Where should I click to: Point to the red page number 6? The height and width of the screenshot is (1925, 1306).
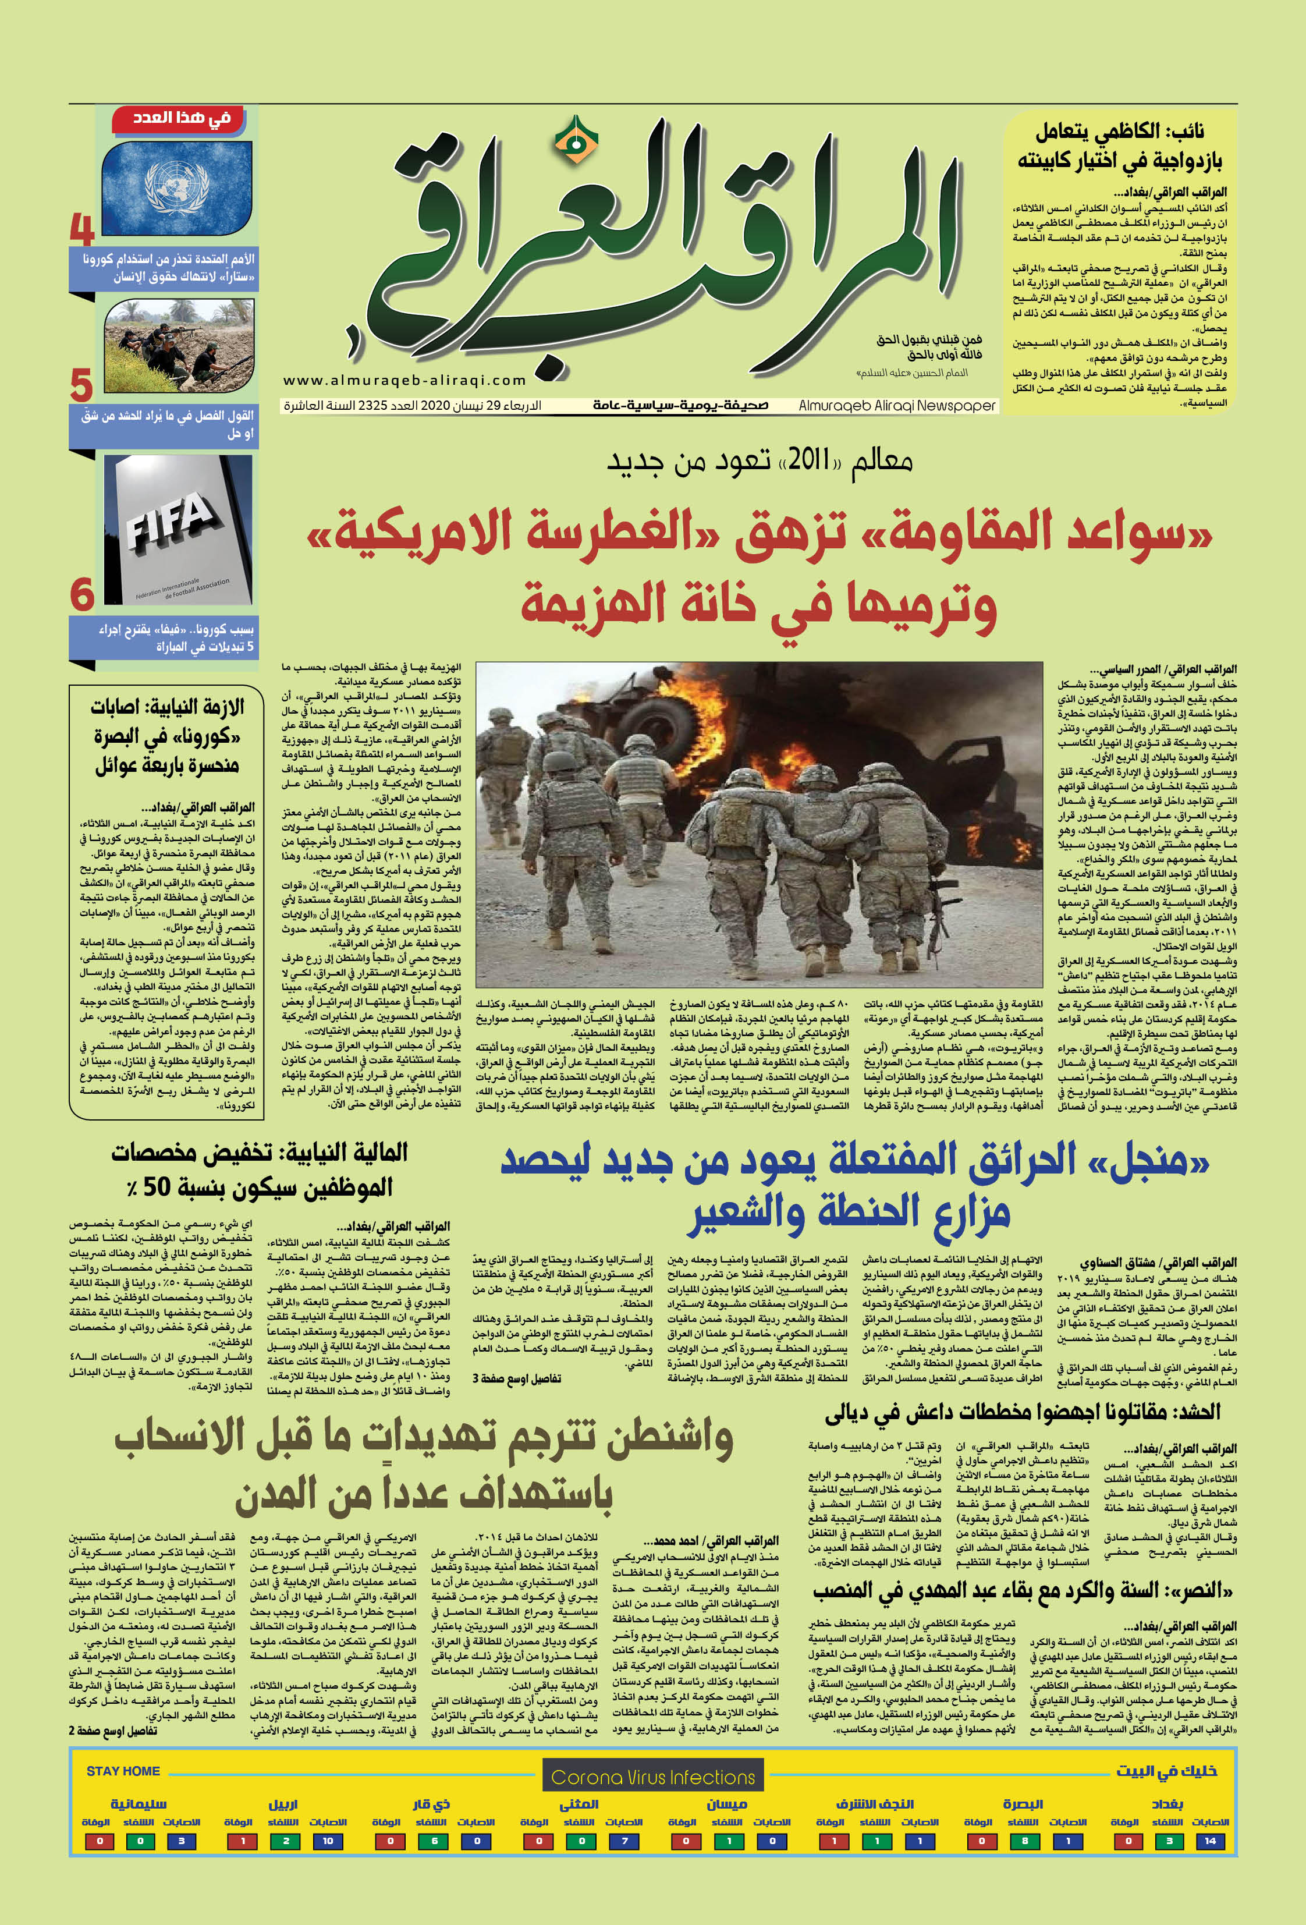click(82, 595)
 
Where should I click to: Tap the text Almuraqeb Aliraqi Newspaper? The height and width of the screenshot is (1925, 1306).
click(896, 406)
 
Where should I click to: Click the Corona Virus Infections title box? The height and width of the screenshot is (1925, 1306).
click(652, 1778)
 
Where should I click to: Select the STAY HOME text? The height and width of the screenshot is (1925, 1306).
click(123, 1771)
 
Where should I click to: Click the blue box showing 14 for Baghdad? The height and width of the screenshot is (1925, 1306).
click(1211, 1841)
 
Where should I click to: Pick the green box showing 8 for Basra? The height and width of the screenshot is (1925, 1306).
click(1024, 1841)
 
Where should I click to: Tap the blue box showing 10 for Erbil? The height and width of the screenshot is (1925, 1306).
click(328, 1841)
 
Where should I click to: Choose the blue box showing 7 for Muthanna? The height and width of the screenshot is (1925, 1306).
click(624, 1841)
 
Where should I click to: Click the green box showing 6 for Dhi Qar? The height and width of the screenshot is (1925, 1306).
click(433, 1841)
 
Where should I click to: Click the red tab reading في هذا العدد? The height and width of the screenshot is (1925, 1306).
click(182, 118)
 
